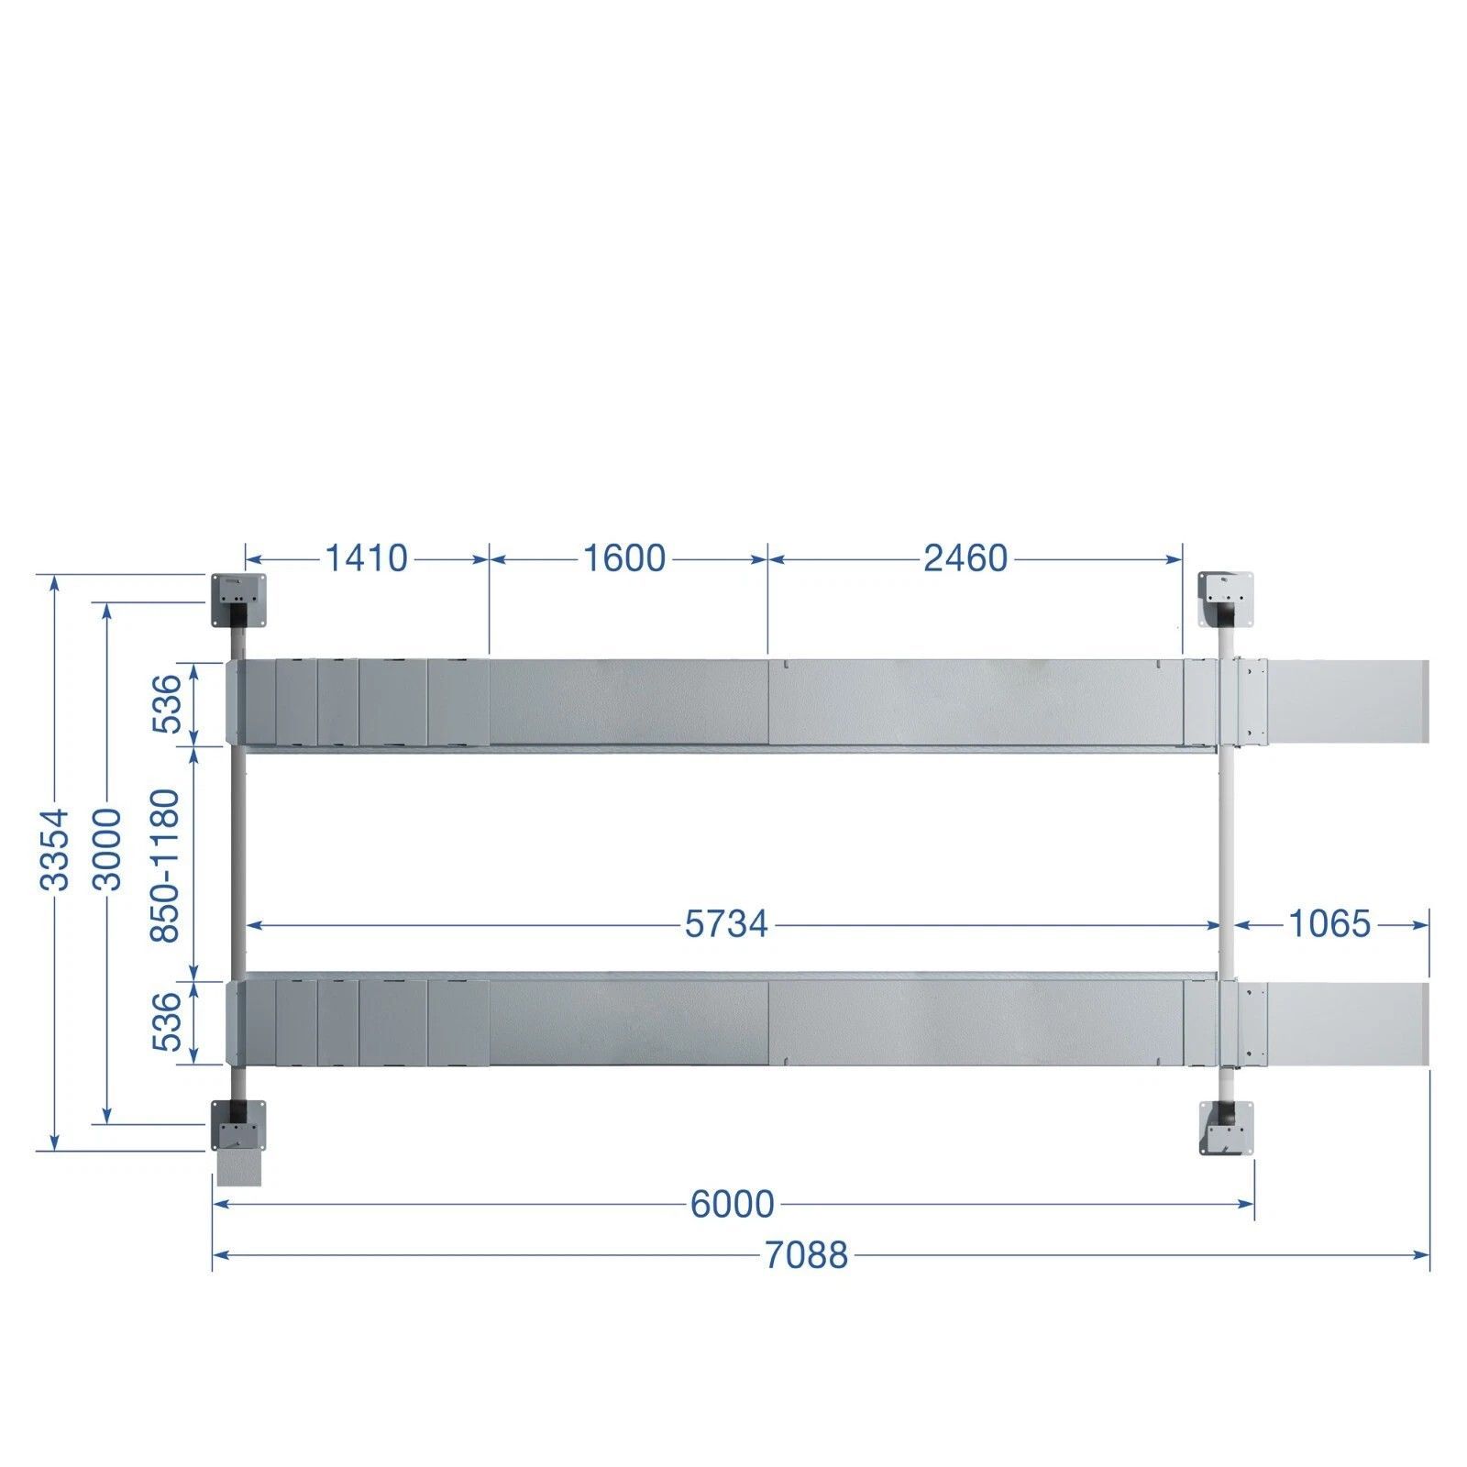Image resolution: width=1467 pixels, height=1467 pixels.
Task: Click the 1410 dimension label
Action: coord(366,557)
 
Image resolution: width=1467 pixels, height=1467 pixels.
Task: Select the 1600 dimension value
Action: coord(625,557)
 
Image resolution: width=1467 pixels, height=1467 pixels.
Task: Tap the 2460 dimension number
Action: coord(965,557)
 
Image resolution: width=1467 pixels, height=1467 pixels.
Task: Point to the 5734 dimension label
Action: coord(726,924)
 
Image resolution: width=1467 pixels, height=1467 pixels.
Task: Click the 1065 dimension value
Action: coord(1329,924)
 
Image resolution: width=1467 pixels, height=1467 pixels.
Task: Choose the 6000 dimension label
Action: coord(733,1204)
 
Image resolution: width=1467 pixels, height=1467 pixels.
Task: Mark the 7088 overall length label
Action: coord(807,1255)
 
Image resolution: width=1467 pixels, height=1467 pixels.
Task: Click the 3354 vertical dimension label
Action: coord(55,849)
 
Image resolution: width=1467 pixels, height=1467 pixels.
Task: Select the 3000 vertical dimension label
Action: coord(107,849)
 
